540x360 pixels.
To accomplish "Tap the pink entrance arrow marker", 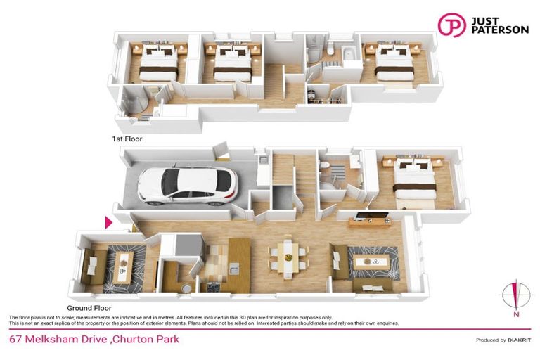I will (109, 222).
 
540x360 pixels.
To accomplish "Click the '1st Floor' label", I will (127, 139).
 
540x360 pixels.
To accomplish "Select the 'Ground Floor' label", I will (89, 308).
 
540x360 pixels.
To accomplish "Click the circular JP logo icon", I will (451, 25).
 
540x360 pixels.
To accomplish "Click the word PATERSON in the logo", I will (499, 31).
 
